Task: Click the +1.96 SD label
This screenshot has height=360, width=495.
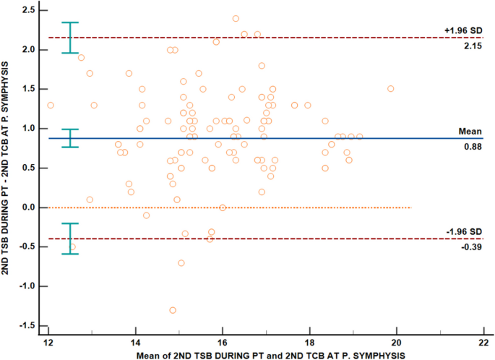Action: pyautogui.click(x=462, y=30)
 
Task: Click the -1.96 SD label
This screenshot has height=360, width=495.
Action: pyautogui.click(x=462, y=231)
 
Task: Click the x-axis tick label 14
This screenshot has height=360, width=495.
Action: pyautogui.click(x=135, y=340)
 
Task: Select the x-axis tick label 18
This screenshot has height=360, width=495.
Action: pyautogui.click(x=309, y=340)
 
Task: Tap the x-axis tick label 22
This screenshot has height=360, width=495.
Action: pyautogui.click(x=483, y=340)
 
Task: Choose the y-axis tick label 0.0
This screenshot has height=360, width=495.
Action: pyautogui.click(x=30, y=207)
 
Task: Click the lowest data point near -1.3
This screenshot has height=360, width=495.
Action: pyautogui.click(x=173, y=310)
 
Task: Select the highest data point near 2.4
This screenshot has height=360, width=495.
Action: pyautogui.click(x=236, y=19)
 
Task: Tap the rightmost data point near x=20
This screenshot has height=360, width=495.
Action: pyautogui.click(x=391, y=89)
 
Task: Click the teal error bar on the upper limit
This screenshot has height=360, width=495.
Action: pyautogui.click(x=70, y=38)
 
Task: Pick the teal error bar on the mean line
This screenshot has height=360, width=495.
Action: pyautogui.click(x=70, y=138)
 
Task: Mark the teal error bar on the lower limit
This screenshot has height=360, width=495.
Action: pyautogui.click(x=70, y=239)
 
